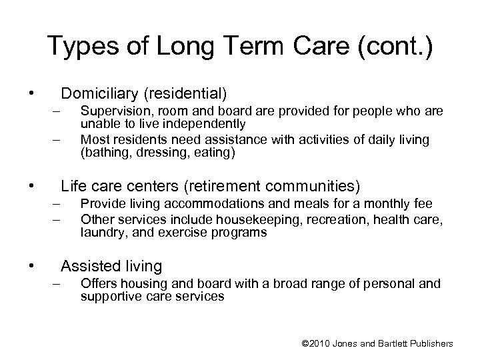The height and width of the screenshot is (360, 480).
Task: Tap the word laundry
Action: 99,233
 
